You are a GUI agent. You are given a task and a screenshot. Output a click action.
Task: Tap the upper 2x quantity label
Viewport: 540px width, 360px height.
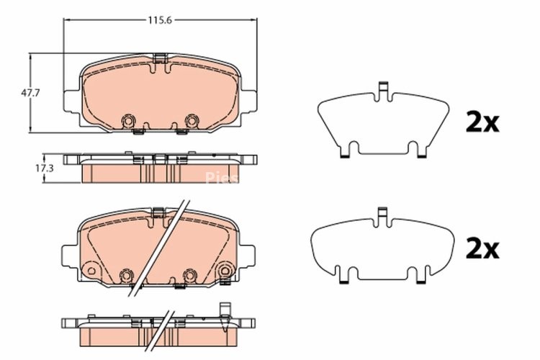[482, 123]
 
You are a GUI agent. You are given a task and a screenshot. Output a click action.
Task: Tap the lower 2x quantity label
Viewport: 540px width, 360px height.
[482, 249]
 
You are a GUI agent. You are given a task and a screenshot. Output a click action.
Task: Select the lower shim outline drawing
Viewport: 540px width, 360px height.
[382, 248]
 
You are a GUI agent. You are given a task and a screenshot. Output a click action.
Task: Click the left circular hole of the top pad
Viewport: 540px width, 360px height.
[130, 120]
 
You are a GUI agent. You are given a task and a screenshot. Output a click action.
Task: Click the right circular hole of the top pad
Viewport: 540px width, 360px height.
[192, 120]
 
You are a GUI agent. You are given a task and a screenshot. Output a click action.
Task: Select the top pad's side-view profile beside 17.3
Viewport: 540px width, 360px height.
[160, 168]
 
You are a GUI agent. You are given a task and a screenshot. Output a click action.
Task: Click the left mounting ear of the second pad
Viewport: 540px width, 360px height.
[68, 256]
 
